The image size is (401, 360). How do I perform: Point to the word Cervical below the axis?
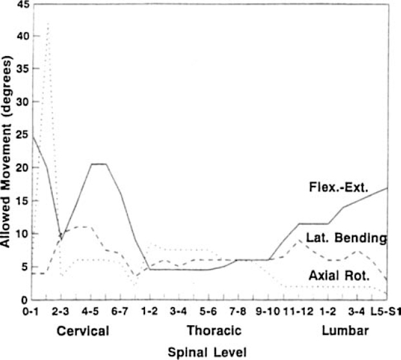click(83, 331)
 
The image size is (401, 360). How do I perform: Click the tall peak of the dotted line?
click(47, 24)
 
